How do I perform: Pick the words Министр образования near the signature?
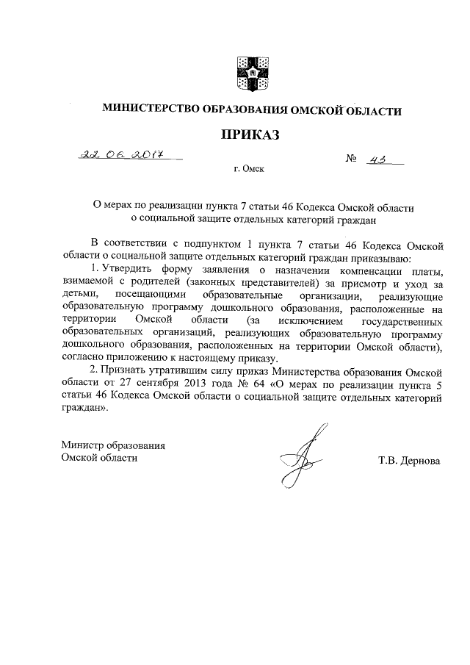(113, 445)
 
